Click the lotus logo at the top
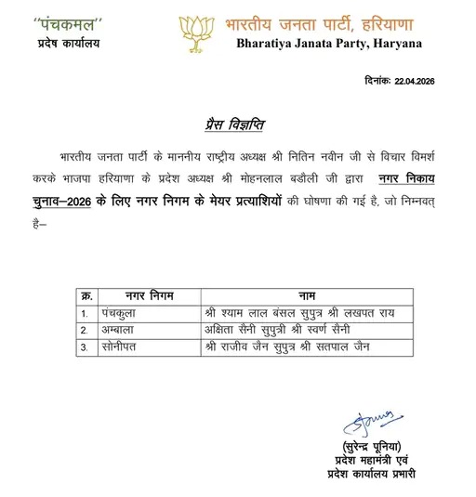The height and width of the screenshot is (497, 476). point(197,29)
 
